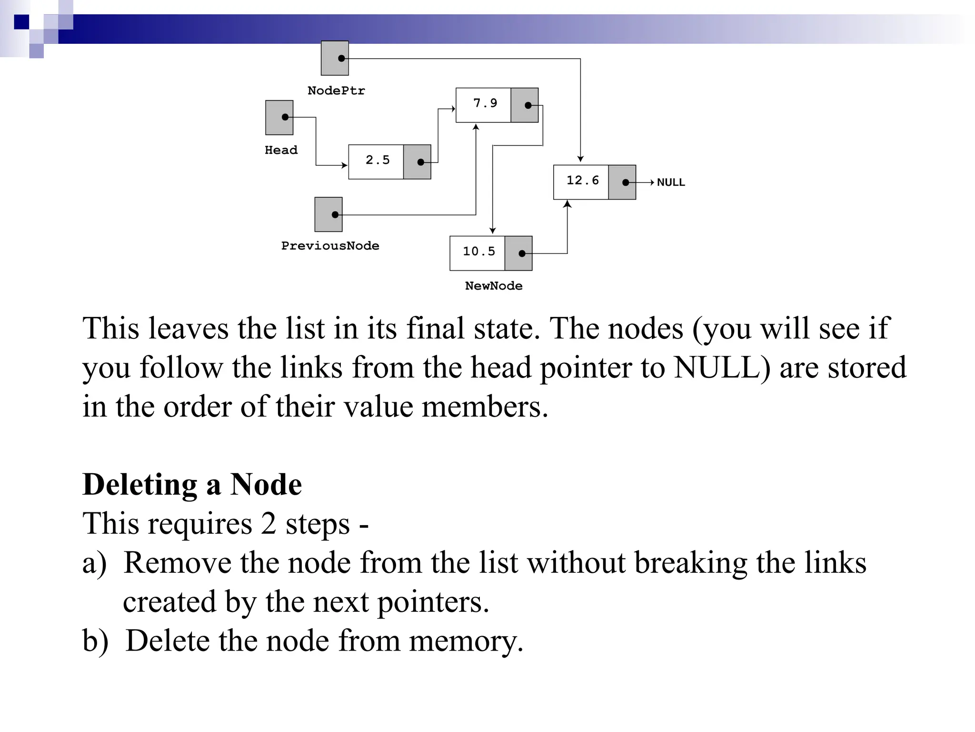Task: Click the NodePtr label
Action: coord(336,91)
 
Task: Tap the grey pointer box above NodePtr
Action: coord(335,58)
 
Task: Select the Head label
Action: coord(281,150)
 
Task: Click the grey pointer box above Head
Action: coord(279,117)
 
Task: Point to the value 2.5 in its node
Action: coord(377,160)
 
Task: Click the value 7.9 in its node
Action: coord(485,103)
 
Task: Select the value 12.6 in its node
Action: coord(582,181)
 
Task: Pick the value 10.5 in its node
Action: coord(478,252)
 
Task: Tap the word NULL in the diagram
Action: coord(671,183)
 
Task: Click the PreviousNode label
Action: coord(330,246)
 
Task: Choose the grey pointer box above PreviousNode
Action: coord(328,214)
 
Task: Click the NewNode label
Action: coord(494,286)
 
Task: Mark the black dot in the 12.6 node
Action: coord(626,183)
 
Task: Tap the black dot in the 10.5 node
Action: coord(522,254)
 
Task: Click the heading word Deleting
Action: coord(139,485)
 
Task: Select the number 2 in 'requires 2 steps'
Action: coord(268,524)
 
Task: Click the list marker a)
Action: coord(94,563)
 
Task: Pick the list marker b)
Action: coord(95,641)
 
